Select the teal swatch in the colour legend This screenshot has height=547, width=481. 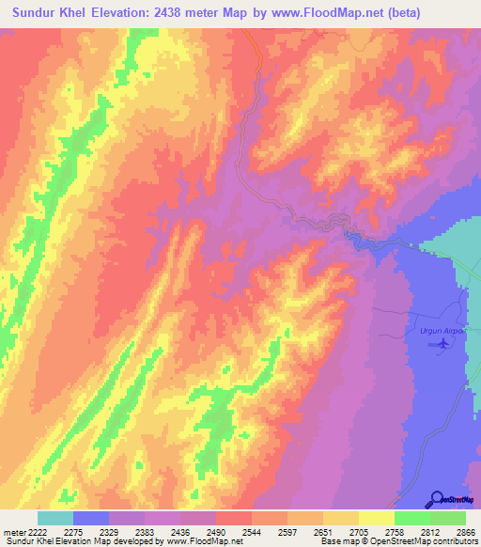click(54, 518)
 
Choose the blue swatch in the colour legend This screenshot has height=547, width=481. click(90, 518)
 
